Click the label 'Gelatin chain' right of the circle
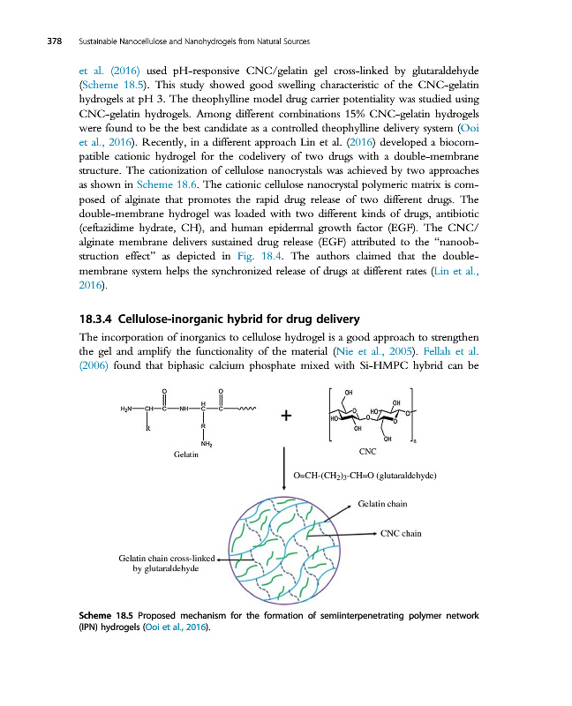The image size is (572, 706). click(383, 504)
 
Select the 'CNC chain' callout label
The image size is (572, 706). click(402, 533)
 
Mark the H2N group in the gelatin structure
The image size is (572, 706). click(131, 409)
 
